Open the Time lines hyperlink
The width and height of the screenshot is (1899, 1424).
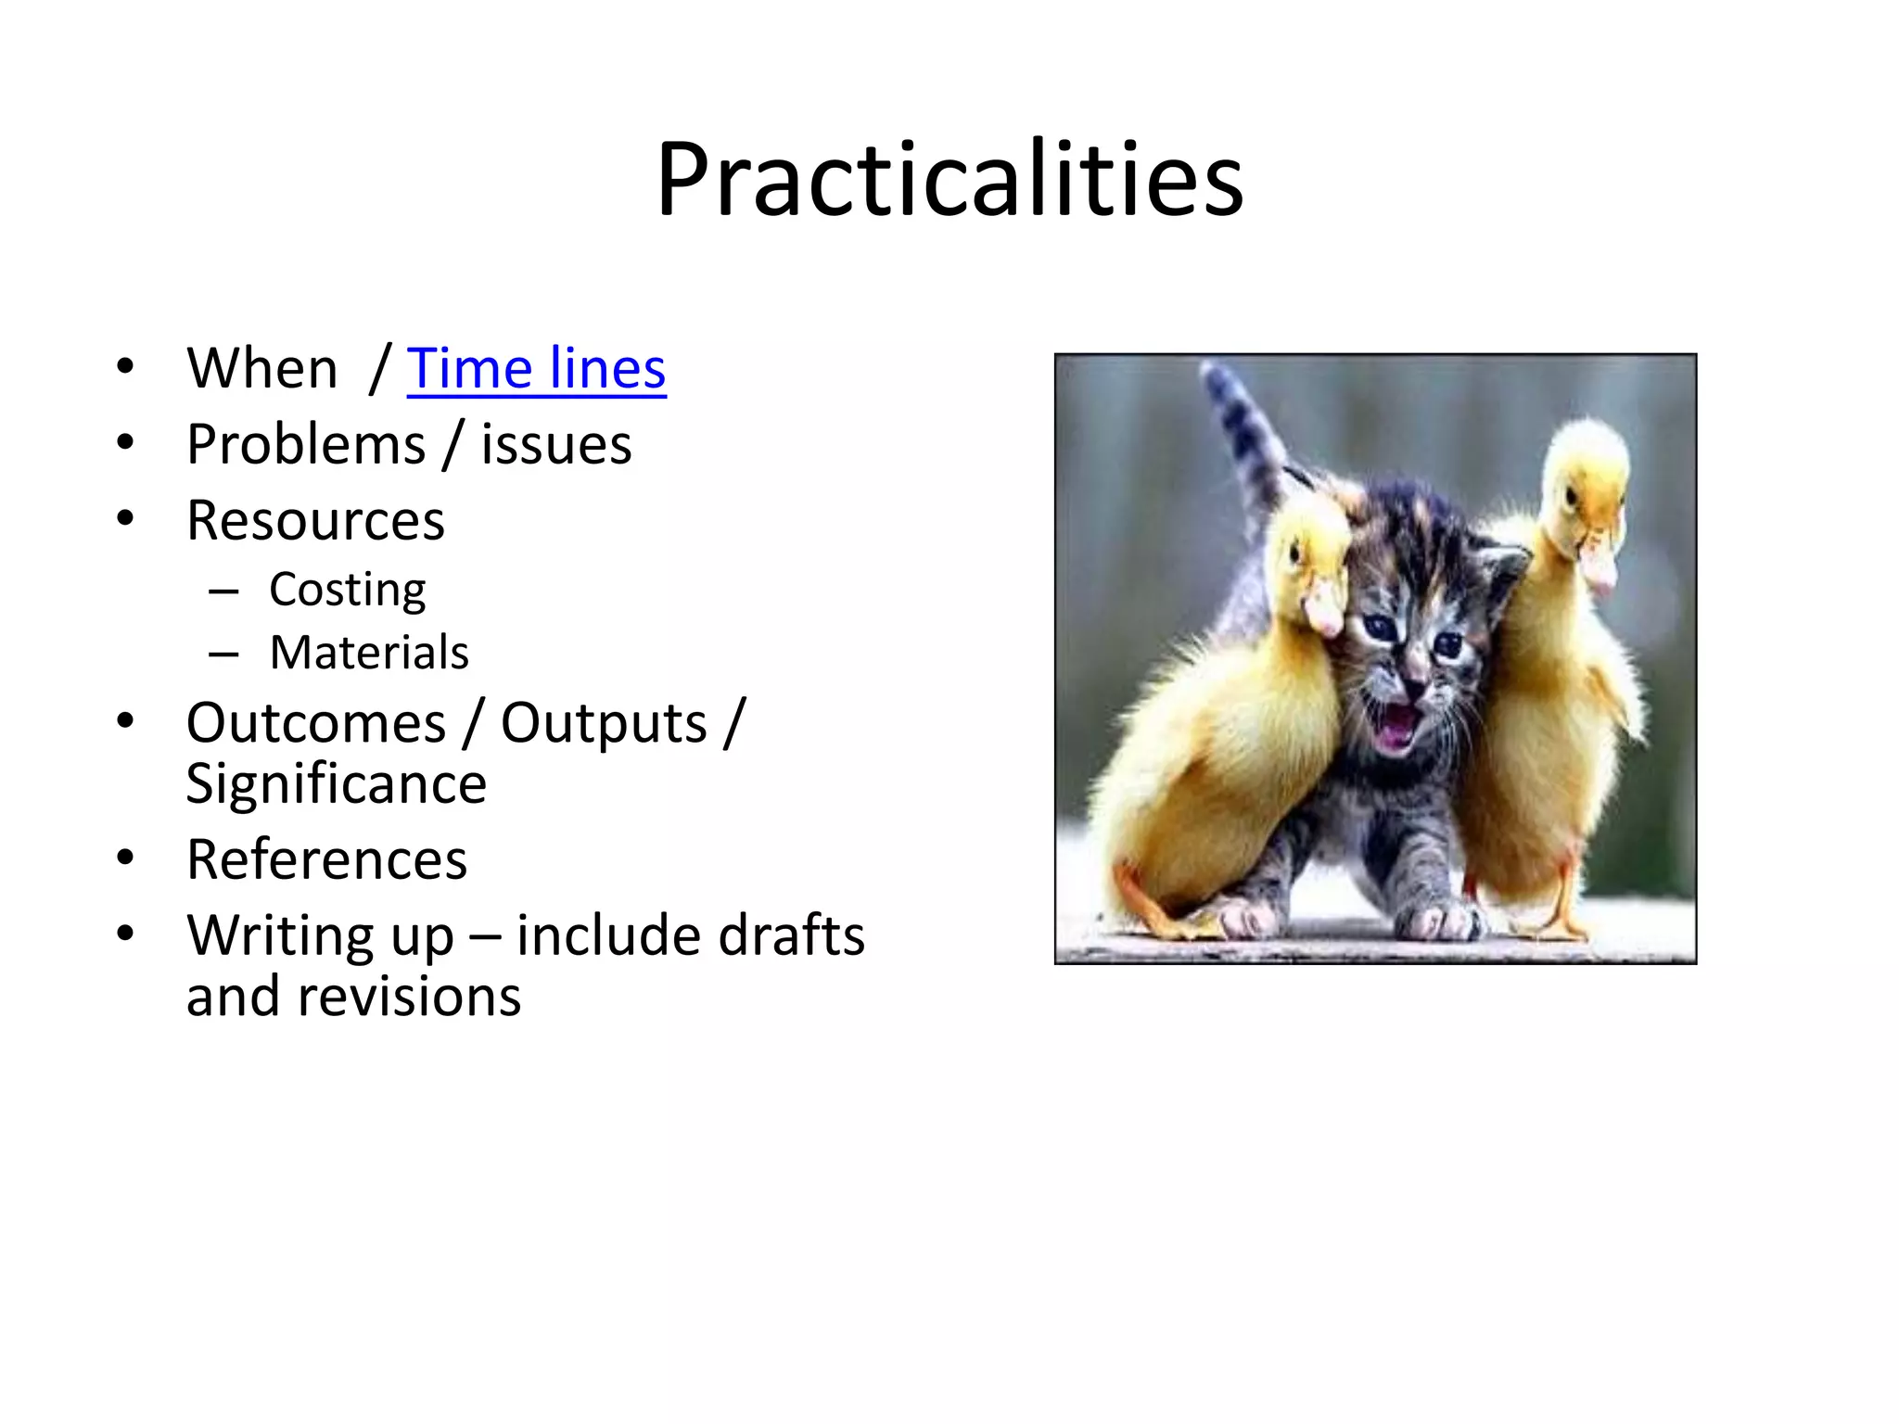pos(536,369)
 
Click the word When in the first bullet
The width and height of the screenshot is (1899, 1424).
pos(262,369)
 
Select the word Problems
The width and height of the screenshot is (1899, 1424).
pos(306,445)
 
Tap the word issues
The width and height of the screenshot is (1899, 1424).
pos(556,445)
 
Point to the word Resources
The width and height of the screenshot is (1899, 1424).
pos(315,521)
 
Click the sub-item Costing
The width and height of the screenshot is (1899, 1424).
pos(348,590)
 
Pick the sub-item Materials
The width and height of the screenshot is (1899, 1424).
pos(369,653)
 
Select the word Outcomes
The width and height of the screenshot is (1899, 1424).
pos(316,723)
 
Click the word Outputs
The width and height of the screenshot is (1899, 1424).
pos(604,723)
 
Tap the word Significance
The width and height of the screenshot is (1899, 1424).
pos(336,784)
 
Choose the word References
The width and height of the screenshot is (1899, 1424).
pos(326,860)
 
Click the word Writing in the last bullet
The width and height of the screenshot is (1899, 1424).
pos(279,936)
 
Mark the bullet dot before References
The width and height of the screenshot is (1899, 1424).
pos(125,858)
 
